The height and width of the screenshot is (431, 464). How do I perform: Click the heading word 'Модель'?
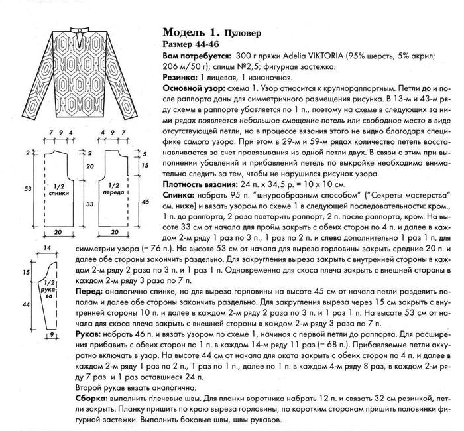[x=184, y=32]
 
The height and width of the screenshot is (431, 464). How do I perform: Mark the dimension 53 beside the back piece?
[x=27, y=189]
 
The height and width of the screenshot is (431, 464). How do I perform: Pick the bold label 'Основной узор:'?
[x=197, y=88]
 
